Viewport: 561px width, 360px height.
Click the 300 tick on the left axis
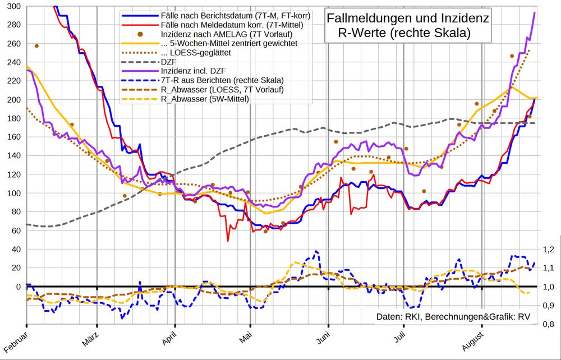pyautogui.click(x=13, y=7)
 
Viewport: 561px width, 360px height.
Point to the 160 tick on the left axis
pyautogui.click(x=13, y=137)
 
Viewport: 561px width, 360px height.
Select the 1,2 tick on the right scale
pyautogui.click(x=549, y=250)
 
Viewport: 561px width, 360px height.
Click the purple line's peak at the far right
pyautogui.click(x=534, y=13)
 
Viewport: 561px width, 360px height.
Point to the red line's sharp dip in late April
pyautogui.click(x=228, y=241)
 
